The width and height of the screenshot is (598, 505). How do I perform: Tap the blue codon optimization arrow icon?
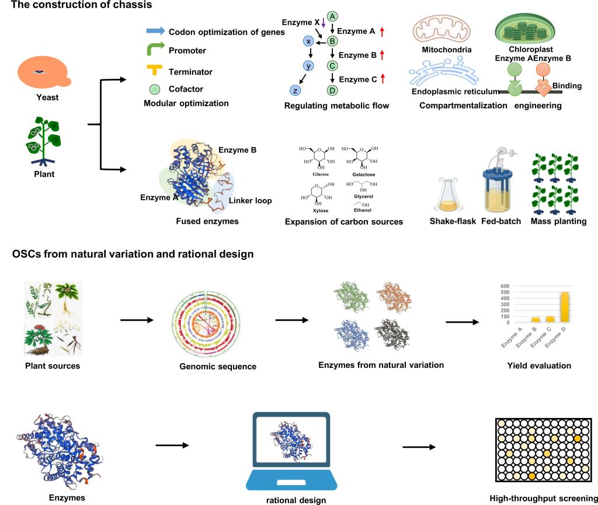point(155,31)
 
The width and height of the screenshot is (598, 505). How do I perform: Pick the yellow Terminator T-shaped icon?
point(154,71)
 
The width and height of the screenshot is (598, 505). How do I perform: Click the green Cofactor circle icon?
point(155,90)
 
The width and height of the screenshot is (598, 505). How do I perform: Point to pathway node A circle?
point(332,16)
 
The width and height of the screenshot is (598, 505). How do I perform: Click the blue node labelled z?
point(294,90)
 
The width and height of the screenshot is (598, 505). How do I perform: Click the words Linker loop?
point(249,200)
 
